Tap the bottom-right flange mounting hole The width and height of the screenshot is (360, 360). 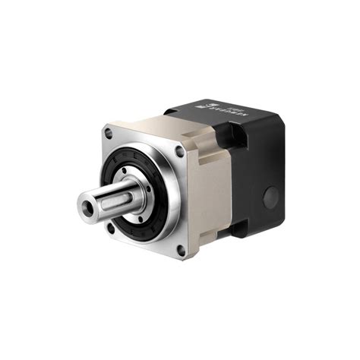[181, 249]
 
